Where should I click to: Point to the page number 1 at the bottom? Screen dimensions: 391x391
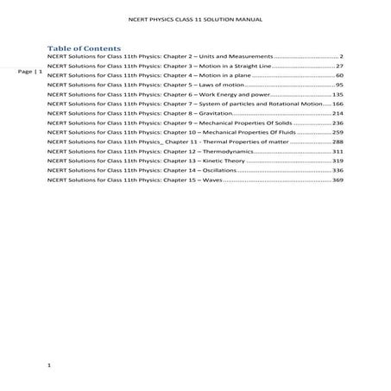(50, 367)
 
